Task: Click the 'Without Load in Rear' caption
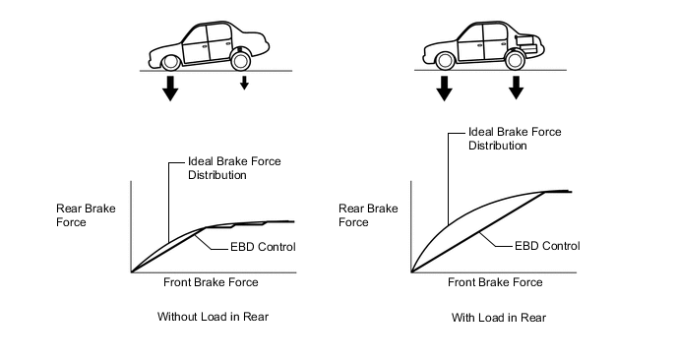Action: point(213,317)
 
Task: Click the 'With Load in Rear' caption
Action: point(499,318)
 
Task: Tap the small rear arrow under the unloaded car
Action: point(244,83)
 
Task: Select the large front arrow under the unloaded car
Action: point(170,89)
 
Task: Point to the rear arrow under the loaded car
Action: point(516,88)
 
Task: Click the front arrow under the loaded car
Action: point(445,89)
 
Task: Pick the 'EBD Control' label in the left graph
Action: point(263,247)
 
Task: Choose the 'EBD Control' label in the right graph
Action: point(547,246)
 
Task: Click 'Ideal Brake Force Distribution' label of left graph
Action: point(234,168)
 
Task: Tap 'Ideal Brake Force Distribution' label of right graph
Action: point(515,139)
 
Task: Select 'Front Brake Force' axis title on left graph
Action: point(211,282)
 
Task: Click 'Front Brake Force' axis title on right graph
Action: point(495,282)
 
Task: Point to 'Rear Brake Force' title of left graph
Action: point(86,215)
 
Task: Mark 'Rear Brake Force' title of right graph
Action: point(368,215)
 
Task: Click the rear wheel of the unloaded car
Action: point(240,60)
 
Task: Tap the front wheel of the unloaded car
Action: point(170,63)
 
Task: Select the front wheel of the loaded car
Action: point(445,61)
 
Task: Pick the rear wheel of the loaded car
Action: point(515,60)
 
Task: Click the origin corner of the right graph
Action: point(411,272)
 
